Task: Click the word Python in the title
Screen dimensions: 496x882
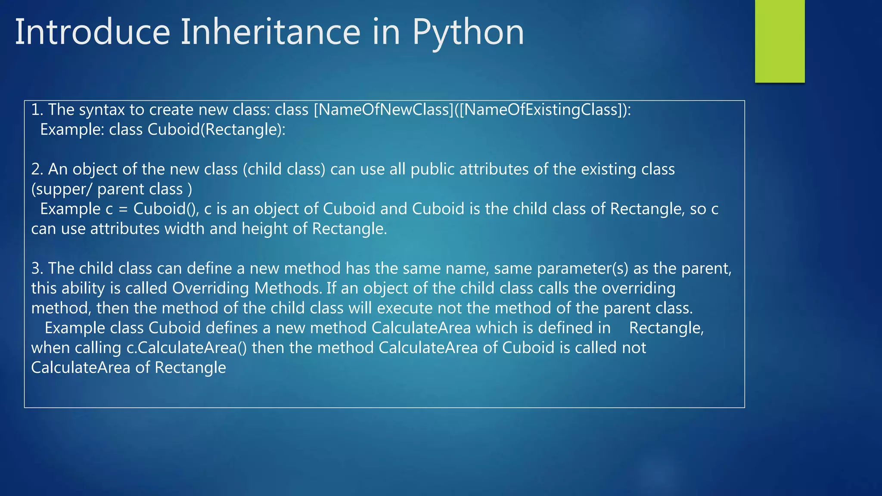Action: pos(468,32)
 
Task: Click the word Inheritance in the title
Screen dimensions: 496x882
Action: pos(270,32)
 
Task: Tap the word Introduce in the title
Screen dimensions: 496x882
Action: pos(93,32)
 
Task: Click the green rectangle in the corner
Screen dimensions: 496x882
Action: pos(780,41)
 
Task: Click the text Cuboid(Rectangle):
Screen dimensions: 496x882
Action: pos(217,130)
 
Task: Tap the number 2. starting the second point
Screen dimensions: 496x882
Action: pos(37,169)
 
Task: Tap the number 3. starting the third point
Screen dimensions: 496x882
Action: pos(37,268)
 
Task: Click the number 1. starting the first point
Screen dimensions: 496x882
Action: pos(37,110)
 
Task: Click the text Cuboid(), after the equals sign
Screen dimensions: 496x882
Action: pos(166,209)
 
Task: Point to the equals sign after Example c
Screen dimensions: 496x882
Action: pos(123,209)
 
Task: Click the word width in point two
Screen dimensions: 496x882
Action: pos(184,229)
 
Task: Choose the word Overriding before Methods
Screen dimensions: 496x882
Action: pos(211,288)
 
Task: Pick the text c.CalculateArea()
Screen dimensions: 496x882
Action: pos(186,347)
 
